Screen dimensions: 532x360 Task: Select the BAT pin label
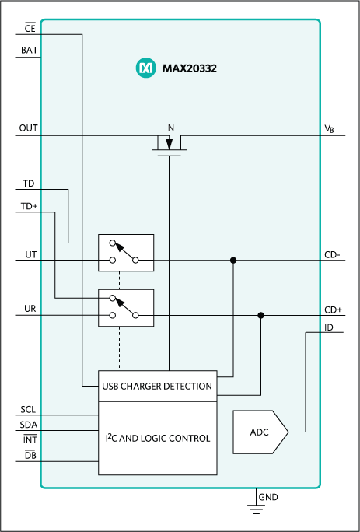pos(29,51)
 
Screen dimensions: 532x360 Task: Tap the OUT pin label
pos(29,128)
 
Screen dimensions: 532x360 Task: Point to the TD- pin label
pos(29,184)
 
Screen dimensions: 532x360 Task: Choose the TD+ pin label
pos(29,206)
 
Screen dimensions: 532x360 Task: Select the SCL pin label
pos(29,408)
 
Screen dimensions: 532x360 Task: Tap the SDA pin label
pos(29,424)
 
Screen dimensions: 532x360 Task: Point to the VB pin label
pos(329,128)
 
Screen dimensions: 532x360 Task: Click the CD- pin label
pos(332,254)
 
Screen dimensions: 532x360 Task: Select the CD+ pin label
pos(333,309)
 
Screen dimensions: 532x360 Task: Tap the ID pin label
pos(330,327)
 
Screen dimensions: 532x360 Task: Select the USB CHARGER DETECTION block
pos(156,385)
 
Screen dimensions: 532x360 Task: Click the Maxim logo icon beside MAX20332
pos(147,69)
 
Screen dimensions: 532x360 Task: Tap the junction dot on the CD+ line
pos(261,315)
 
